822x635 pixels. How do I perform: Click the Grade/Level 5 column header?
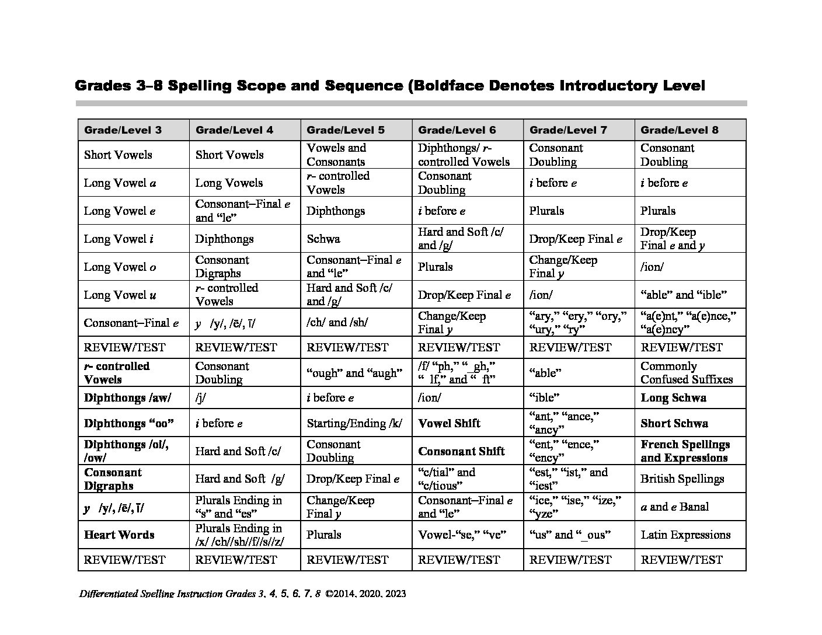[345, 130]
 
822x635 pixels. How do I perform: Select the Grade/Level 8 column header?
[679, 130]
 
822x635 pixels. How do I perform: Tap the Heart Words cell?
[119, 535]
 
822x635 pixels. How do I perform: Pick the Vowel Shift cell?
[449, 423]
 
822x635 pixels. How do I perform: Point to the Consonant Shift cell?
[461, 451]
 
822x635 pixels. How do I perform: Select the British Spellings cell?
[682, 479]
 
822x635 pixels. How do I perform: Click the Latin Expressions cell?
[685, 535]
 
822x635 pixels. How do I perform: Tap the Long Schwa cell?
[673, 398]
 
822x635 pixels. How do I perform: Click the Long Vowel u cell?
[120, 295]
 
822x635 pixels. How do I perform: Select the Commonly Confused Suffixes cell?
[686, 372]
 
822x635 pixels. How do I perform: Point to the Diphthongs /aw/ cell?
[127, 398]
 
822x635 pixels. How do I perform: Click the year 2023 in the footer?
[395, 594]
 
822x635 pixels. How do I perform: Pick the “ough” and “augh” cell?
[354, 372]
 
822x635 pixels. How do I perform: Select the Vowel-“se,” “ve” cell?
[459, 535]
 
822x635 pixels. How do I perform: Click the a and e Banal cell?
[674, 507]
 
